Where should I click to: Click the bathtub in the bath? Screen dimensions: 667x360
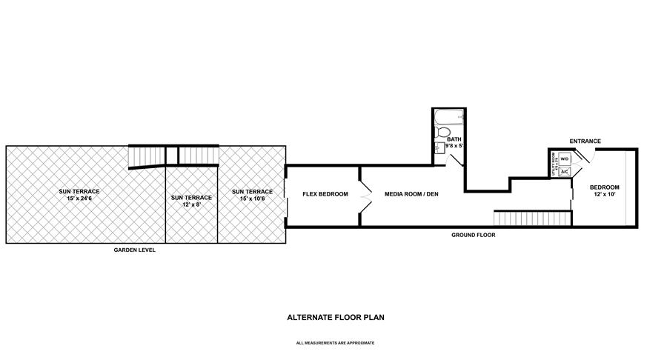pyautogui.click(x=448, y=118)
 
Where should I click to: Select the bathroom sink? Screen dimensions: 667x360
pyautogui.click(x=439, y=147)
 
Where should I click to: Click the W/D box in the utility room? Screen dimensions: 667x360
pyautogui.click(x=563, y=159)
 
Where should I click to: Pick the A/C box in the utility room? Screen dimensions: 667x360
pyautogui.click(x=563, y=171)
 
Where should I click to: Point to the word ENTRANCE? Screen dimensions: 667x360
pyautogui.click(x=584, y=141)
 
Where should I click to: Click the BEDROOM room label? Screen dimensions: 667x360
pyautogui.click(x=604, y=187)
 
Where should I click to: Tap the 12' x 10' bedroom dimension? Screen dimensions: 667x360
pyautogui.click(x=604, y=194)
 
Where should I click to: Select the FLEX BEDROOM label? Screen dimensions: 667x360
pyautogui.click(x=325, y=194)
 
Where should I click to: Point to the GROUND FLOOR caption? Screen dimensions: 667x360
pyautogui.click(x=473, y=235)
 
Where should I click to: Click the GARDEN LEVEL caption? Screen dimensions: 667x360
pyautogui.click(x=134, y=250)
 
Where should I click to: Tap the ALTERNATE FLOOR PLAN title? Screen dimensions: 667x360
pyautogui.click(x=335, y=317)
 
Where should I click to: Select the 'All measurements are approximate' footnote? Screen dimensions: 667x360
pyautogui.click(x=335, y=343)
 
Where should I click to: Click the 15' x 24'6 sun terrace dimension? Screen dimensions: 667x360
pyautogui.click(x=79, y=199)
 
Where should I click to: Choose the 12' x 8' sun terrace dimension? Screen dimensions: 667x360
pyautogui.click(x=191, y=204)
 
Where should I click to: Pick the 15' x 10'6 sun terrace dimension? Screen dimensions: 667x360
pyautogui.click(x=252, y=199)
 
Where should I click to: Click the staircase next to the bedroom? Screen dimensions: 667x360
pyautogui.click(x=532, y=219)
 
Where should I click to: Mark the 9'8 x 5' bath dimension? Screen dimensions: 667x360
pyautogui.click(x=454, y=147)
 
